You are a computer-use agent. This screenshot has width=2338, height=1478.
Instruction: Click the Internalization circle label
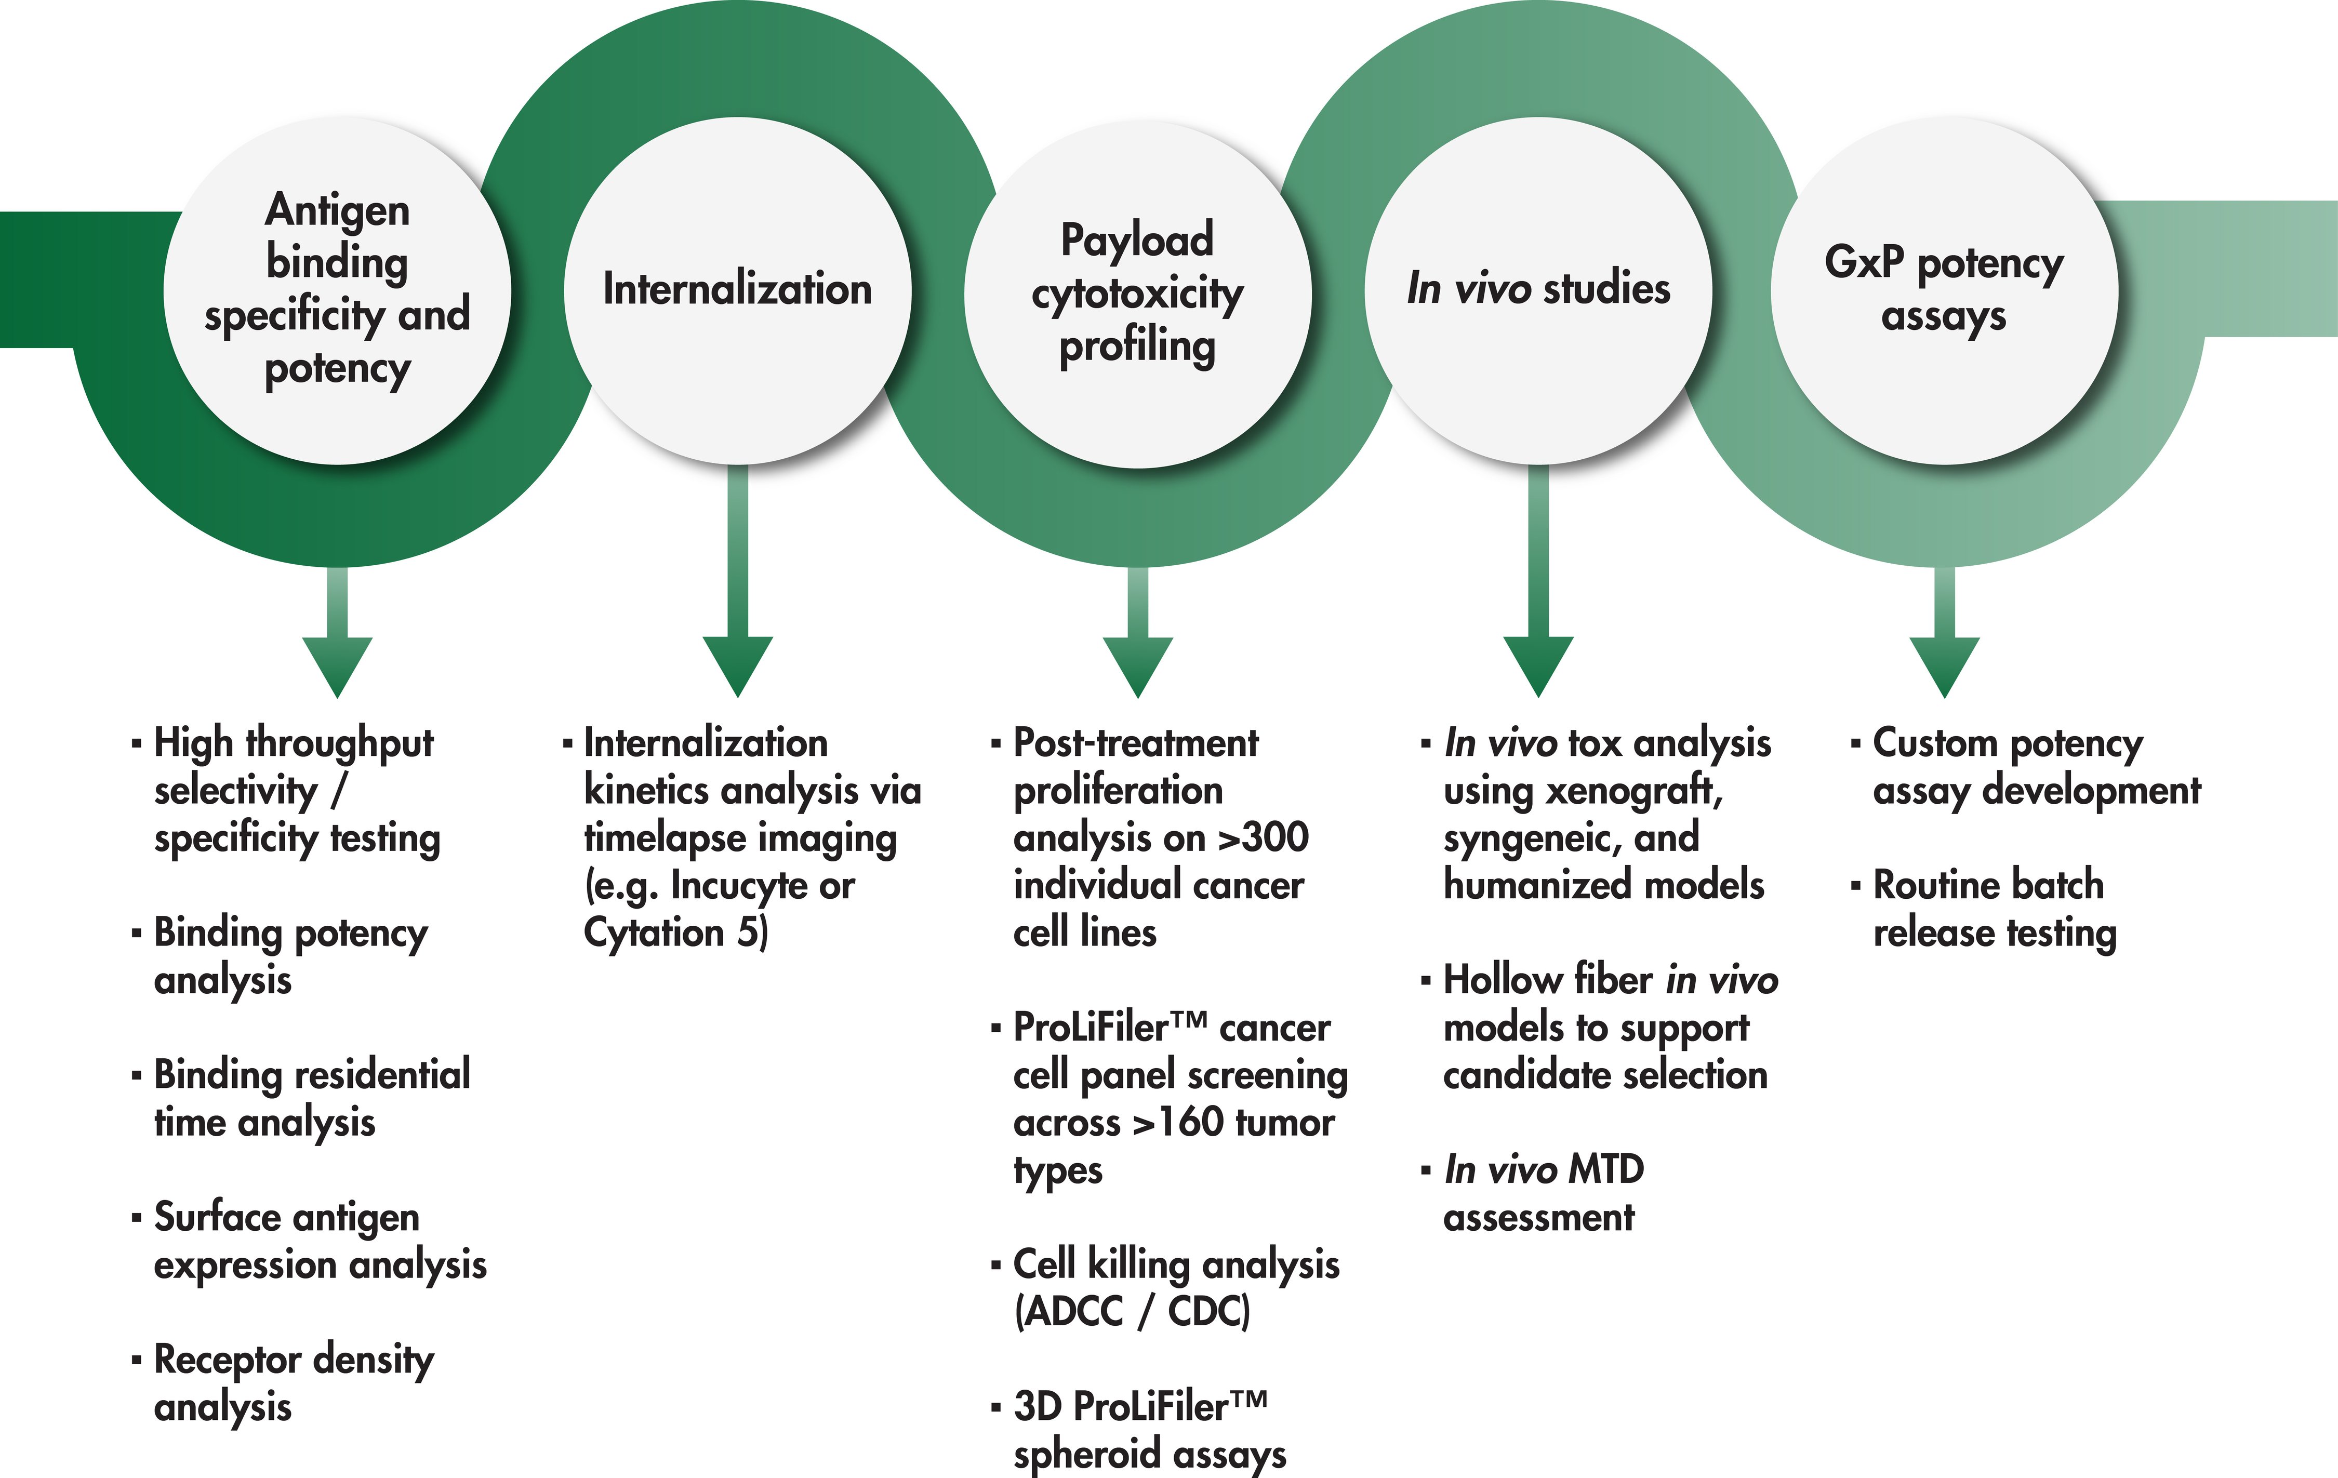737,289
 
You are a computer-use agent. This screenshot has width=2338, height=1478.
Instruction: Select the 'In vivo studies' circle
1538,289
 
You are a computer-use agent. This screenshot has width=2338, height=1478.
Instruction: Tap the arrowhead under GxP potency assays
1944,664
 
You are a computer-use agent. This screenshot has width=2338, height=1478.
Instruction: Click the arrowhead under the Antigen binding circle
337,664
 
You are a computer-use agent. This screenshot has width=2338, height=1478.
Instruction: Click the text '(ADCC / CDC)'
1132,1312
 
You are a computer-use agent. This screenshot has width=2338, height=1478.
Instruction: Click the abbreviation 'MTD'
1606,1170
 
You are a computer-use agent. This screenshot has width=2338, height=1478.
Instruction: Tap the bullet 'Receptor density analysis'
293,1383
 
